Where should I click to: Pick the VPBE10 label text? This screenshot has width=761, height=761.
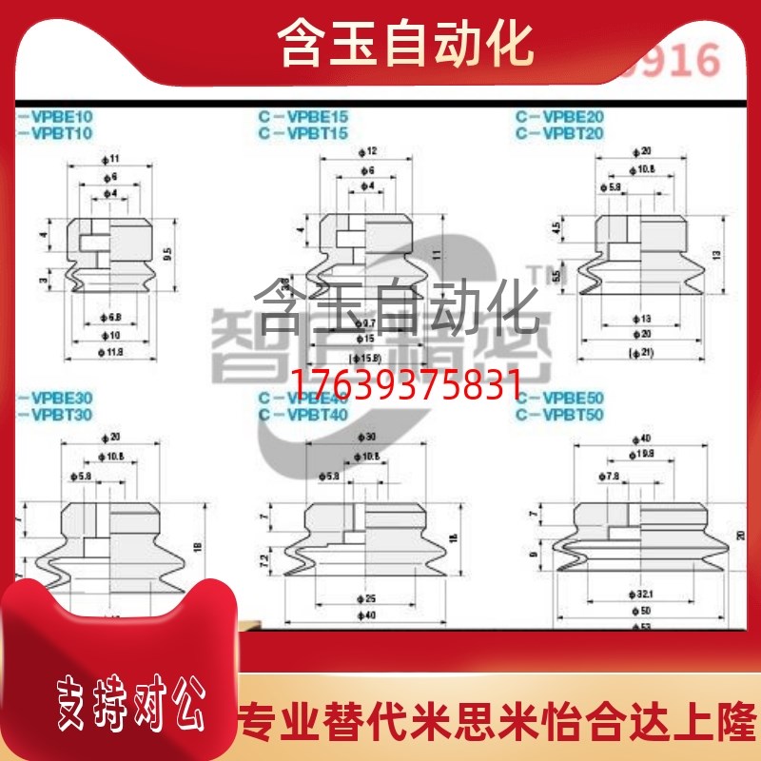pos(57,118)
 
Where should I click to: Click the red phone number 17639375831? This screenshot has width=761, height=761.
pos(404,384)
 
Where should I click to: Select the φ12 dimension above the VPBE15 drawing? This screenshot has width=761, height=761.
pos(371,151)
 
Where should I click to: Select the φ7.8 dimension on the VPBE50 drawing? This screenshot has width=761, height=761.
pos(610,475)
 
